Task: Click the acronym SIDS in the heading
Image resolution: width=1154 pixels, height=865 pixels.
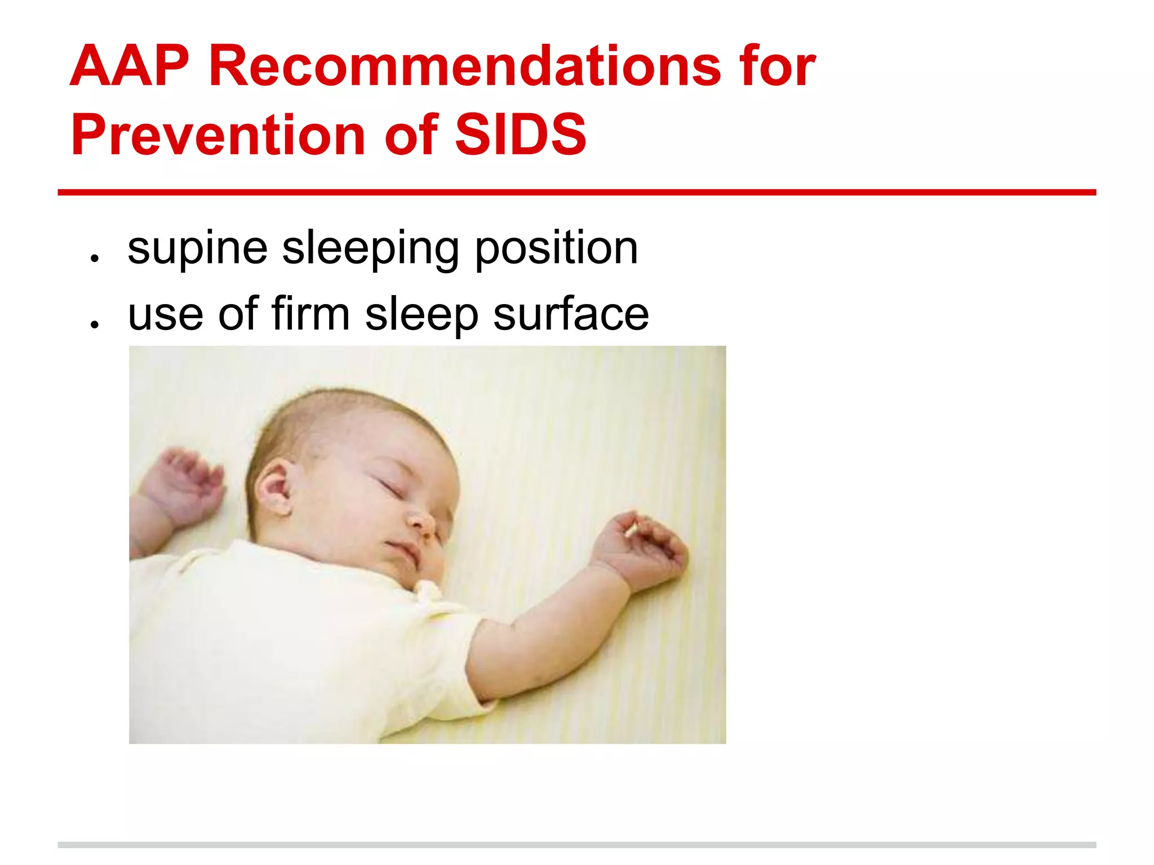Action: coord(520,135)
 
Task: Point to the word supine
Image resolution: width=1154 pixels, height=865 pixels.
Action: coord(197,249)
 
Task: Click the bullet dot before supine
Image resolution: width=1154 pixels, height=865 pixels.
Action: coord(95,258)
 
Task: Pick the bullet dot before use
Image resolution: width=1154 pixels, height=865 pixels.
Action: coord(95,324)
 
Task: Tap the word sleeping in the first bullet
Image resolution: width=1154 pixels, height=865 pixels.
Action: coord(370,249)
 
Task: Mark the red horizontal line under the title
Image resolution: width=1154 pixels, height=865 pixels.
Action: coord(576,193)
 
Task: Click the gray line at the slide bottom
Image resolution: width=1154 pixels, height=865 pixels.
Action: coord(576,845)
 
